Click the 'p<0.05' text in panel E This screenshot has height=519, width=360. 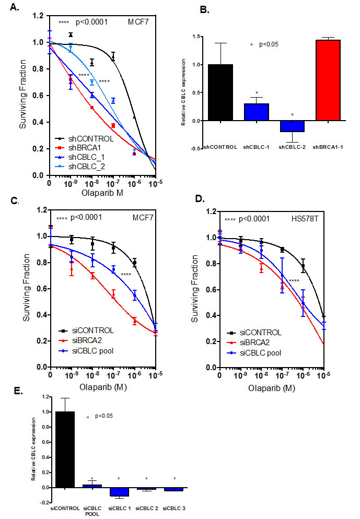pos(104,416)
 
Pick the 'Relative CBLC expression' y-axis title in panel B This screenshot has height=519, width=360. pos(183,92)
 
